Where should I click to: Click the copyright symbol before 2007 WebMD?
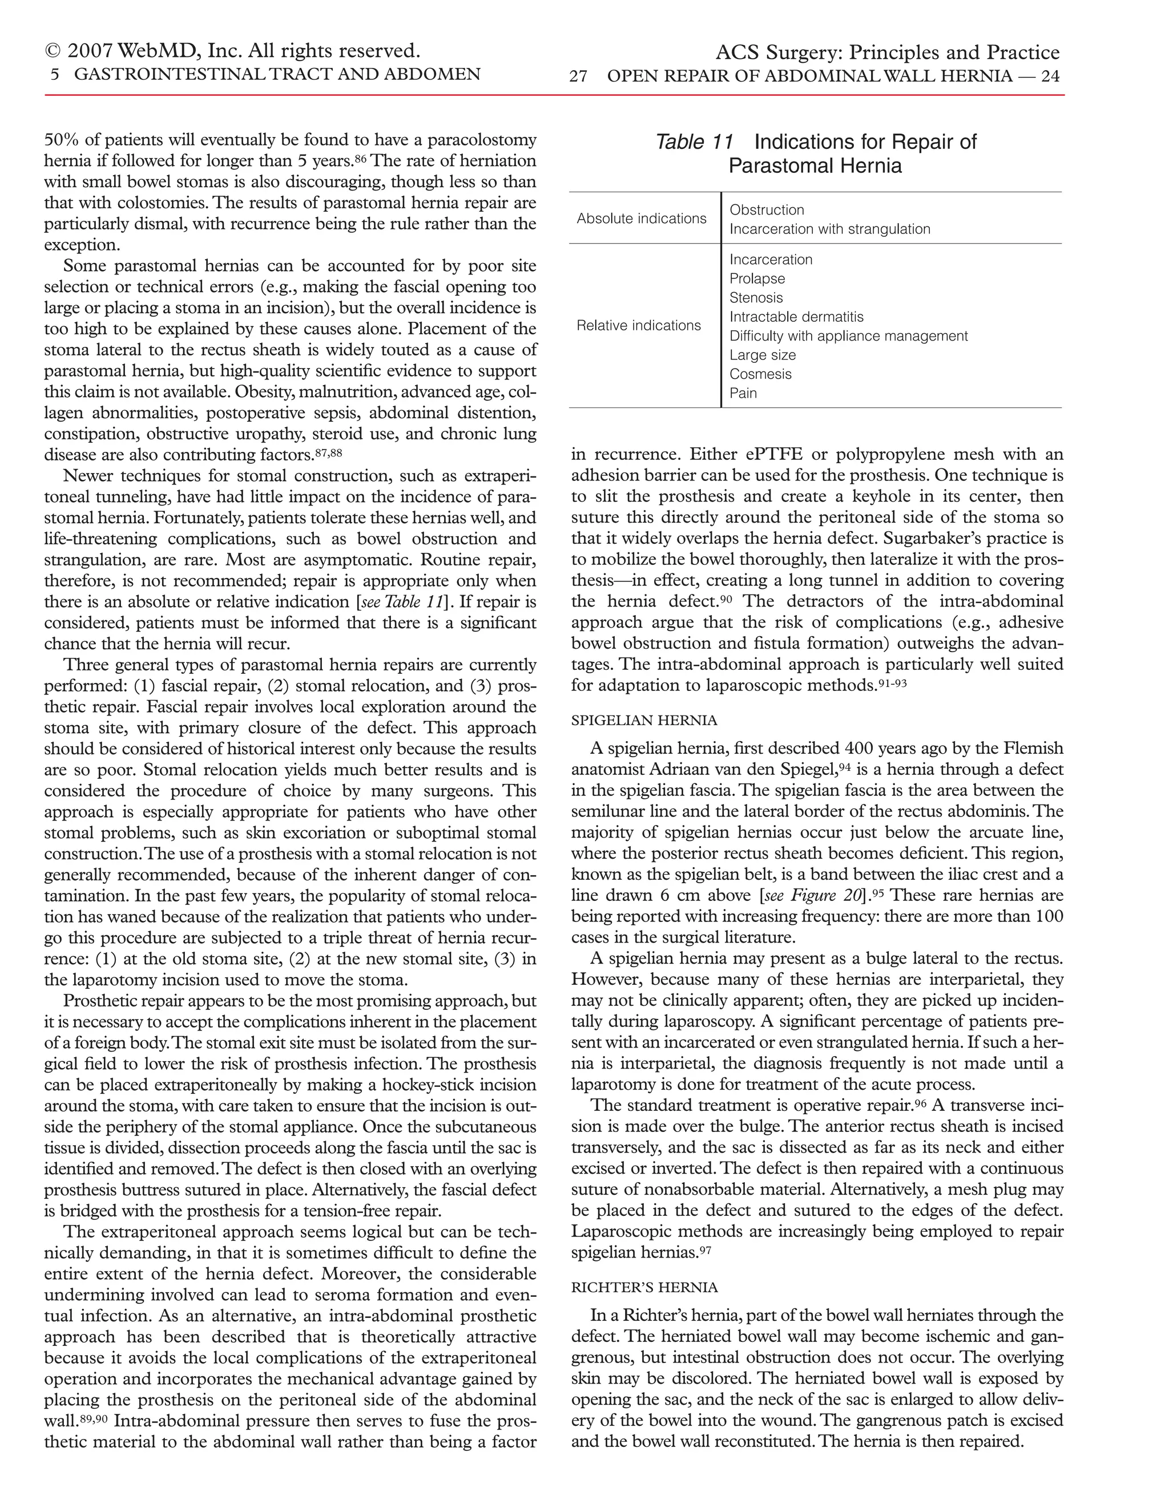[x=53, y=51]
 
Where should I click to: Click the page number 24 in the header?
[x=1050, y=76]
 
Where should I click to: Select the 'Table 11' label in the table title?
[x=694, y=142]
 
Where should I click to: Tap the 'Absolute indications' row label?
[x=641, y=219]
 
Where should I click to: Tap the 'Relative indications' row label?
[x=639, y=325]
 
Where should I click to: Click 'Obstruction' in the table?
[x=767, y=210]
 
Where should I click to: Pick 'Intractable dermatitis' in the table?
[x=796, y=317]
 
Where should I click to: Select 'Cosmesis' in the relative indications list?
[x=760, y=374]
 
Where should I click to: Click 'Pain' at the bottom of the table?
[x=743, y=393]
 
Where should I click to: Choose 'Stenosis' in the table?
[x=756, y=298]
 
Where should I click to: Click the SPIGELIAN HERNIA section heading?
[x=644, y=721]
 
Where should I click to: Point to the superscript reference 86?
[x=360, y=158]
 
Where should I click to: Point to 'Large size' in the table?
[x=763, y=355]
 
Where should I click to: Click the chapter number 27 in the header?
[x=578, y=76]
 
